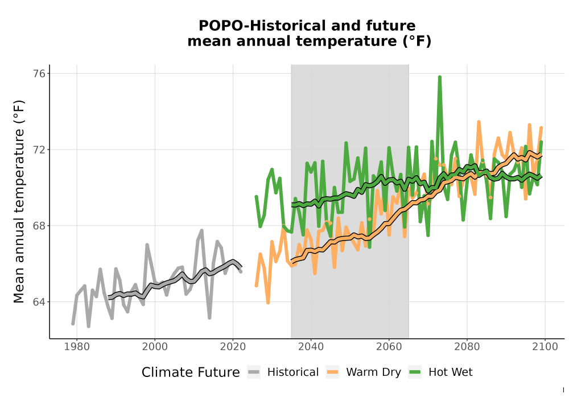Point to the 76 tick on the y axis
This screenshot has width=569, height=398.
pos(40,73)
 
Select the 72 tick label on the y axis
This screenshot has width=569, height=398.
pos(40,150)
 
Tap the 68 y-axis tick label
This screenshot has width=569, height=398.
pos(40,226)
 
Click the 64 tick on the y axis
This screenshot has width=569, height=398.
pos(40,302)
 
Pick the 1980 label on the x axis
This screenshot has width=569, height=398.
pos(77,347)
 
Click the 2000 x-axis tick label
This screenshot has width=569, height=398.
pos(155,347)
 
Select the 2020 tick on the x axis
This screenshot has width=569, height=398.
pos(233,347)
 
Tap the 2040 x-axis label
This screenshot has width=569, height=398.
pos(311,347)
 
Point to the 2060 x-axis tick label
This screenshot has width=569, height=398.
pos(389,347)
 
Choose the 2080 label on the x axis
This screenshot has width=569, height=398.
pos(467,347)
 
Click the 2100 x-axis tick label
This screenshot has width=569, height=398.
pos(545,347)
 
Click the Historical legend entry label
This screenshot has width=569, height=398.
pos(293,372)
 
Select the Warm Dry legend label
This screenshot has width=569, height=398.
pos(373,372)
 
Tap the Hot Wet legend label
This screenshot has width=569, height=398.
pos(450,372)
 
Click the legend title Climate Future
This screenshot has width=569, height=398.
pos(191,372)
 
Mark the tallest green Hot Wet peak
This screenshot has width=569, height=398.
pos(440,77)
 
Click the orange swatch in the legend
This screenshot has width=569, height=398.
pos(332,372)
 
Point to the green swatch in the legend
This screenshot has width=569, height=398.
pos(415,372)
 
